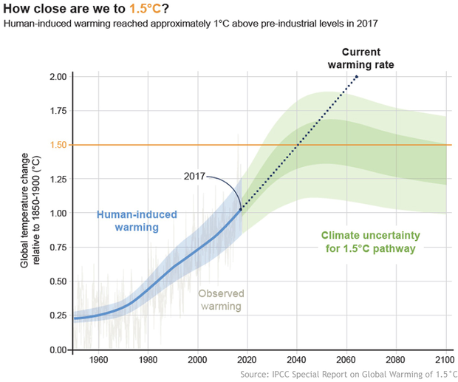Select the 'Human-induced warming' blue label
pyautogui.click(x=137, y=221)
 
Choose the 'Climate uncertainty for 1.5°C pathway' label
pyautogui.click(x=370, y=242)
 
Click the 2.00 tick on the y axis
pyautogui.click(x=57, y=77)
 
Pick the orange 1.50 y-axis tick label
pyautogui.click(x=57, y=145)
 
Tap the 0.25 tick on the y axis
pyautogui.click(x=57, y=316)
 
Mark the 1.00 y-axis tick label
pyautogui.click(x=57, y=214)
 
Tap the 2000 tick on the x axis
pyautogui.click(x=198, y=360)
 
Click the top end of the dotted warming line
pyautogui.click(x=357, y=76)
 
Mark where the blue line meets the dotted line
pyautogui.click(x=242, y=209)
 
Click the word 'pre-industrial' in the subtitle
pyautogui.click(x=210, y=24)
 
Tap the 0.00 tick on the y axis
pyautogui.click(x=57, y=349)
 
